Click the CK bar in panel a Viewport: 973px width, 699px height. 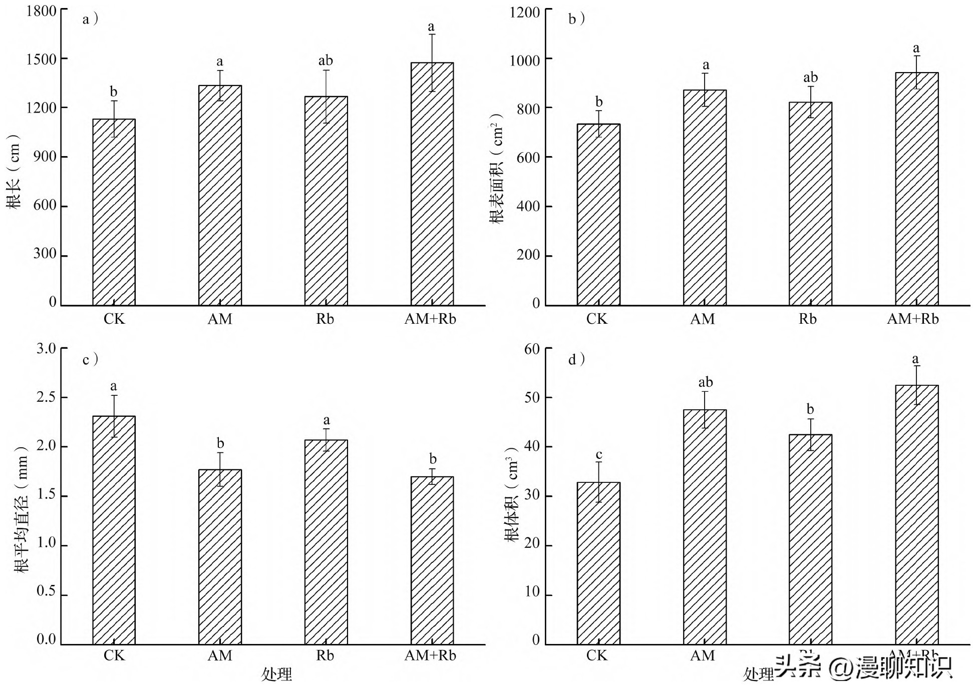[114, 212]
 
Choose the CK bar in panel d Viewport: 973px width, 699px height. [598, 563]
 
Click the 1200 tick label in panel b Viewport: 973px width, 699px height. [524, 12]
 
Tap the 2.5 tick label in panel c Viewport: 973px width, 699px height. [46, 397]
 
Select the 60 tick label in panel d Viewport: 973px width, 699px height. [532, 349]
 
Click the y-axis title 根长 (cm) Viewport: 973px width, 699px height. [14, 172]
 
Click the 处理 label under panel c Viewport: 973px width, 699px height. [276, 674]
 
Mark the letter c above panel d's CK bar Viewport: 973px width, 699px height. [598, 455]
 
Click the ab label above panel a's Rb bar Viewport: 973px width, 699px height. [326, 61]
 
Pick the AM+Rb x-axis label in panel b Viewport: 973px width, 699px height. [912, 319]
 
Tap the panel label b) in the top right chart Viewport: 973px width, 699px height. [576, 20]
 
